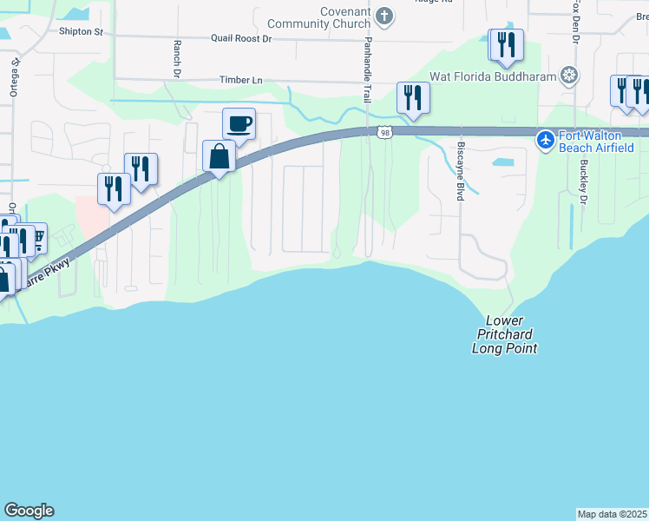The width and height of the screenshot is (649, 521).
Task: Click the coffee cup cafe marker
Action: pyautogui.click(x=239, y=124)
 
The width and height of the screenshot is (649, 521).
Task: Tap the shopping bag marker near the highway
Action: pyautogui.click(x=220, y=157)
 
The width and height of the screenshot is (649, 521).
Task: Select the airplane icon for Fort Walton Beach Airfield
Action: pyautogui.click(x=545, y=139)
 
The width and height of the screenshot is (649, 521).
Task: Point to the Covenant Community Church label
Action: pyautogui.click(x=318, y=17)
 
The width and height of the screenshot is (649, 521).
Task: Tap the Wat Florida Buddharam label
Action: pyautogui.click(x=501, y=76)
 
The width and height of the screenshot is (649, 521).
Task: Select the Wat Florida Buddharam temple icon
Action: pyautogui.click(x=569, y=76)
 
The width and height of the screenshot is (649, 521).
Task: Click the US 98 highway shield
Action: pyautogui.click(x=385, y=132)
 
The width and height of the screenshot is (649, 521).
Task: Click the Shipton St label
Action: pyautogui.click(x=81, y=32)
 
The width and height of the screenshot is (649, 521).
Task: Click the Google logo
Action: pyautogui.click(x=29, y=511)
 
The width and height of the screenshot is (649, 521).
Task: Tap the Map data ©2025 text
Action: pyautogui.click(x=613, y=513)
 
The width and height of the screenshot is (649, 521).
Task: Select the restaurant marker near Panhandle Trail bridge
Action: pyautogui.click(x=412, y=97)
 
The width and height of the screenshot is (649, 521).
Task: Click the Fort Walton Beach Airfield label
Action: pyautogui.click(x=603, y=139)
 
